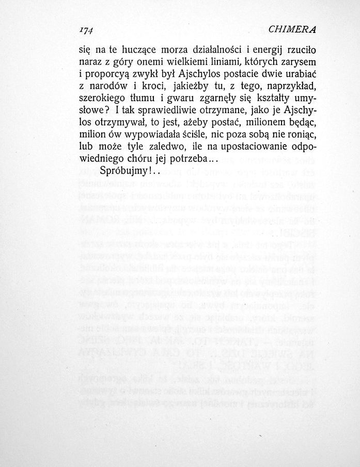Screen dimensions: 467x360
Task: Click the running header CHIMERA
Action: (292, 29)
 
